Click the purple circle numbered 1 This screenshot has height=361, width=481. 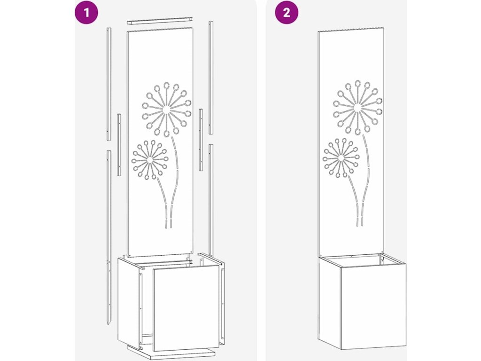86,13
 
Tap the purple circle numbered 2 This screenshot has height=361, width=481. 287,13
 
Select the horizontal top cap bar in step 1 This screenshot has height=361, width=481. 160,21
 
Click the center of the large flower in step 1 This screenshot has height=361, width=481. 167,109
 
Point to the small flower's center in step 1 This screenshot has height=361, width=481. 149,160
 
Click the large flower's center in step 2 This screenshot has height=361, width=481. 357,108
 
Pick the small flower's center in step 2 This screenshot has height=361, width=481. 341,158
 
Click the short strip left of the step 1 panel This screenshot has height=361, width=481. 119,145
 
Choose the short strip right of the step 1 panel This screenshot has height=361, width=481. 201,140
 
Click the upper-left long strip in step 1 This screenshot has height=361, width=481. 109,84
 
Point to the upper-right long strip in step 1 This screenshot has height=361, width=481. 211,78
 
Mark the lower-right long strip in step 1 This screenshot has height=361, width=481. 211,200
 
